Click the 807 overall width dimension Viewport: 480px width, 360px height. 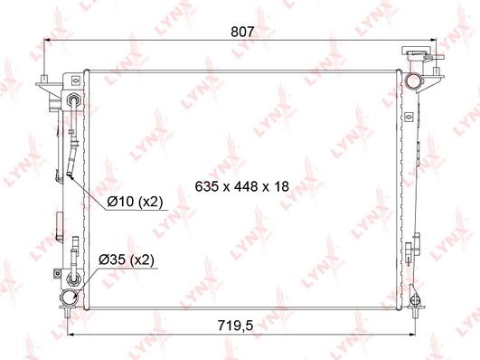(242, 32)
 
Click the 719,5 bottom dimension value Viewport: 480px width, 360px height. (235, 326)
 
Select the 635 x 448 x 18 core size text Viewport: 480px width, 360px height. (242, 186)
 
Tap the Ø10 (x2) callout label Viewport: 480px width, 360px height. (135, 202)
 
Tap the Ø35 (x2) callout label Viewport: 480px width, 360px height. (127, 260)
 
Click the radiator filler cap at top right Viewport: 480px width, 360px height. (418, 51)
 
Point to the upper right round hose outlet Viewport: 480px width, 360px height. (413, 81)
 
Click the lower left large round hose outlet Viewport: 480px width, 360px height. (69, 298)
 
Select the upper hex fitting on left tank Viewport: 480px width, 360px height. (74, 100)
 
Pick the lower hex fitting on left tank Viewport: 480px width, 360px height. (74, 279)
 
